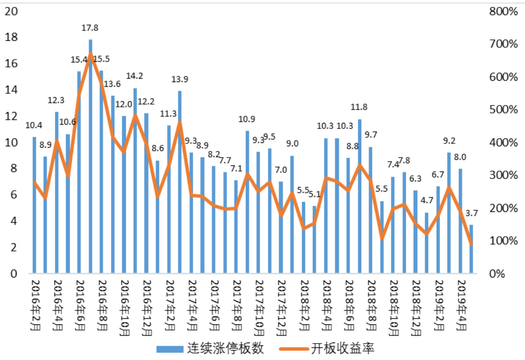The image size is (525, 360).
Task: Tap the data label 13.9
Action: [180, 79]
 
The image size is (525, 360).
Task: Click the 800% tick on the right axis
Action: [502, 11]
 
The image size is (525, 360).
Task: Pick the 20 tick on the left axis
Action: [11, 11]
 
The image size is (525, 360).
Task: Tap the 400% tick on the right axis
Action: [502, 142]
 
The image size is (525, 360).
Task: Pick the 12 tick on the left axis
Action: [11, 116]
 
